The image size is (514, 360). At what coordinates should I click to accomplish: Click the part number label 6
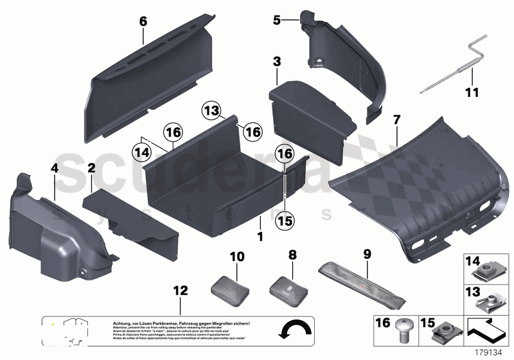click(x=143, y=22)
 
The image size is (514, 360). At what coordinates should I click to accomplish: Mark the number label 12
click(x=181, y=291)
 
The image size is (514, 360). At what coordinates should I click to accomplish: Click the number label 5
click(x=277, y=21)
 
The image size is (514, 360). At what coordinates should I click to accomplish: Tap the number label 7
click(x=396, y=120)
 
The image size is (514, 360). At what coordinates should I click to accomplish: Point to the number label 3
click(x=277, y=62)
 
